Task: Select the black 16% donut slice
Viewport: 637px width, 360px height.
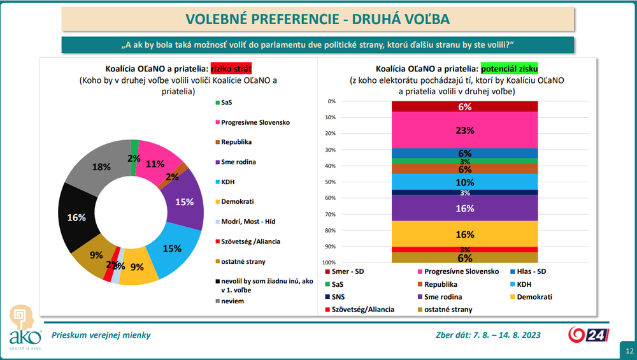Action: pyautogui.click(x=76, y=217)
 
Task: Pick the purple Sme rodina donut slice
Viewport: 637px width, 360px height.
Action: pyautogui.click(x=183, y=201)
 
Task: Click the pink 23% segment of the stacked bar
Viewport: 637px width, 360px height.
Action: pyautogui.click(x=464, y=130)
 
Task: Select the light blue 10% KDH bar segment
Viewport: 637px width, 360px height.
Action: pyautogui.click(x=464, y=182)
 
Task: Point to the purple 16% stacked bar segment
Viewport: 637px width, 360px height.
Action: pyautogui.click(x=464, y=208)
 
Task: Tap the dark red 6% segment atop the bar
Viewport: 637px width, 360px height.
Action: pyautogui.click(x=464, y=107)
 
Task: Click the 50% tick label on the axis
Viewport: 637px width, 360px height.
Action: pyautogui.click(x=331, y=182)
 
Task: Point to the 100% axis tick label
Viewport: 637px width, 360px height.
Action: pyautogui.click(x=329, y=263)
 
